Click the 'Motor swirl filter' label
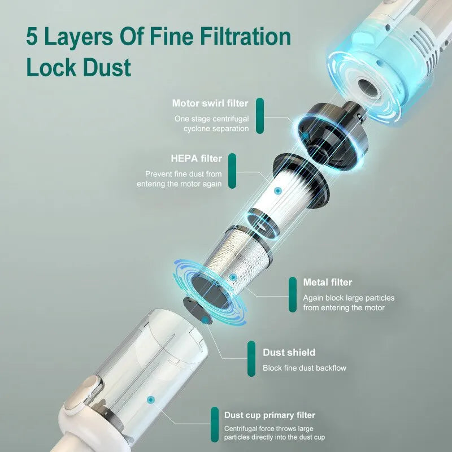point(210,103)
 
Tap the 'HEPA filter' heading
point(196,158)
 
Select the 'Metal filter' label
point(328,282)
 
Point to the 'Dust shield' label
point(289,353)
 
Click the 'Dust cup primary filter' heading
point(270,415)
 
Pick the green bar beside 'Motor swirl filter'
point(260,116)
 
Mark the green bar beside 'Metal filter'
point(292,294)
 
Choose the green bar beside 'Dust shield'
point(251,359)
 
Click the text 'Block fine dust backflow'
point(304,368)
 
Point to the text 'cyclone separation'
point(216,128)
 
